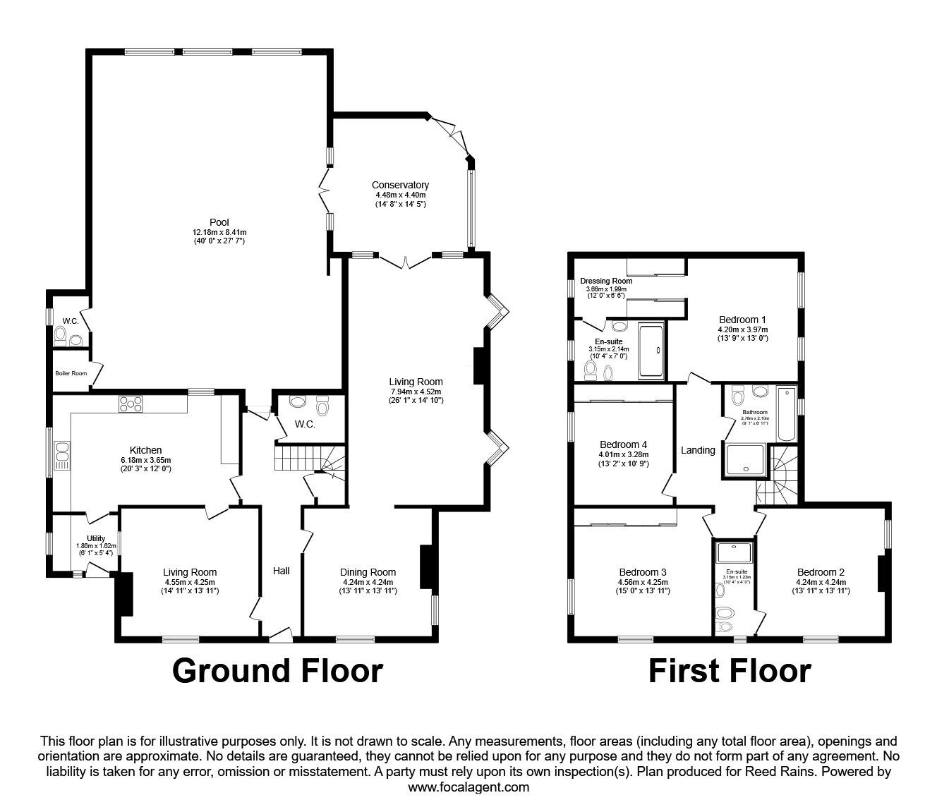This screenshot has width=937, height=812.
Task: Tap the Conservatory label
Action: (400, 185)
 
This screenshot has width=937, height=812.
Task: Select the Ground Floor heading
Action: (277, 670)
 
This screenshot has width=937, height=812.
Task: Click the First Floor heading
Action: (730, 670)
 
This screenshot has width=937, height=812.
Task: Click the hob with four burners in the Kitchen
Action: (131, 404)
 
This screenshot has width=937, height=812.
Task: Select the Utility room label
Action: (95, 538)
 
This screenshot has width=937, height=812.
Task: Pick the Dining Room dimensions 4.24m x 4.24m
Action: (368, 582)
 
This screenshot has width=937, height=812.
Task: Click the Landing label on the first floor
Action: (698, 450)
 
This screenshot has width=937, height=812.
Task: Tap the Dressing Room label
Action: (606, 281)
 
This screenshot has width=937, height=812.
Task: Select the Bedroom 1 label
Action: (742, 319)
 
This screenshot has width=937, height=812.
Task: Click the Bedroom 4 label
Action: (624, 444)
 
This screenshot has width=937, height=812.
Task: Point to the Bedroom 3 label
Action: (643, 571)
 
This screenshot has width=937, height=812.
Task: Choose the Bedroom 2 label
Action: (821, 571)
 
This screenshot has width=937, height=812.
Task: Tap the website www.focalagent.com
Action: (468, 787)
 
